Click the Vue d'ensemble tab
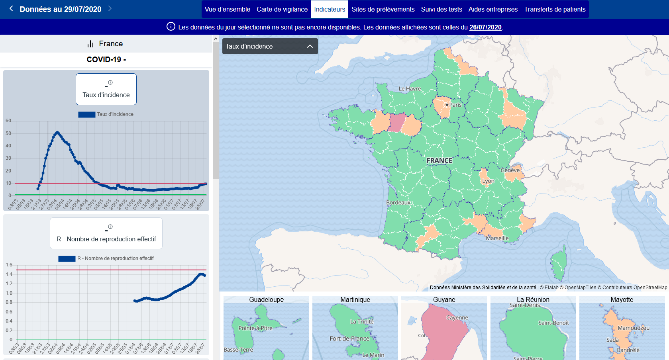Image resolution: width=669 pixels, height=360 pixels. coord(227,9)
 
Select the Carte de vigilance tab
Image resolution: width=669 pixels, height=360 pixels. coord(282,9)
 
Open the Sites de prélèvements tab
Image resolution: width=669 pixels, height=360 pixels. coord(383,9)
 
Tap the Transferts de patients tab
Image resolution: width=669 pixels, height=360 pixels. coord(555,9)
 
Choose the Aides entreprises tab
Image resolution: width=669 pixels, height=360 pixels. coord(493,9)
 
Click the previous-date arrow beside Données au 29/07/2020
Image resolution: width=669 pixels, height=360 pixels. coord(11,8)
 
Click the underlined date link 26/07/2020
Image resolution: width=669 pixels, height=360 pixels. coord(485,27)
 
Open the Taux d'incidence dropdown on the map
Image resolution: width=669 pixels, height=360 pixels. coord(270,46)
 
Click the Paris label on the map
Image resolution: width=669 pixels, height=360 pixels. coord(455,105)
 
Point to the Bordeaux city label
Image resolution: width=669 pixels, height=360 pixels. coord(398,202)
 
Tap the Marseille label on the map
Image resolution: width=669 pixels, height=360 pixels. coord(497,238)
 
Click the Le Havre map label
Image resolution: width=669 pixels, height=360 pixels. coord(410,88)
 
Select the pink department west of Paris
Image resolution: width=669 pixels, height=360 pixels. coord(397,122)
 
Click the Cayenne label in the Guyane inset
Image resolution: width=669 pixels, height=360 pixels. coord(457,317)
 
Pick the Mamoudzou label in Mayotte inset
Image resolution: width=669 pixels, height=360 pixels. coord(633,328)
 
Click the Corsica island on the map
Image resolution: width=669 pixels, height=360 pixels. coord(559,263)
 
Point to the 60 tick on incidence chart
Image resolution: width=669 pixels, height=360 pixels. coord(8,121)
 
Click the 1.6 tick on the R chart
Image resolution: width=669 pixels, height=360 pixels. coord(9,265)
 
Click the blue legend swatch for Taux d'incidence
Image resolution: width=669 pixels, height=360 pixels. coord(86,114)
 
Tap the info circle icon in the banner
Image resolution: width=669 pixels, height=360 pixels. coord(171,27)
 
